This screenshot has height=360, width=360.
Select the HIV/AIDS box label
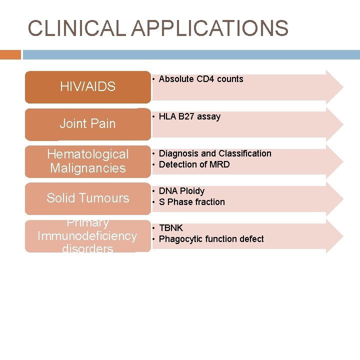[x=87, y=86]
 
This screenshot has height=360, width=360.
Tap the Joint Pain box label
[x=87, y=123]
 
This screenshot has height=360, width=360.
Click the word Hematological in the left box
[x=87, y=154]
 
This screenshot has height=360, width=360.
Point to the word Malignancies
[x=87, y=168]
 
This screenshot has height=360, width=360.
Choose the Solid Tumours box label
[x=87, y=198]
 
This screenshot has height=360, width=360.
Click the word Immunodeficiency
[x=87, y=235]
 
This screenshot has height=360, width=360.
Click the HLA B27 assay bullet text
[x=189, y=116]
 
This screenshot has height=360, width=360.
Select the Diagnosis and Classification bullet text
[x=215, y=153]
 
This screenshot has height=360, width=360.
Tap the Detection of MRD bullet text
[x=194, y=164]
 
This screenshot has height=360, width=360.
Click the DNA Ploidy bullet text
[x=181, y=191]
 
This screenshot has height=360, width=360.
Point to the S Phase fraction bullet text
[x=191, y=202]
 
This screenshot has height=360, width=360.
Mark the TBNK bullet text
[x=171, y=228]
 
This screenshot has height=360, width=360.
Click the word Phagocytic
[x=179, y=239]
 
